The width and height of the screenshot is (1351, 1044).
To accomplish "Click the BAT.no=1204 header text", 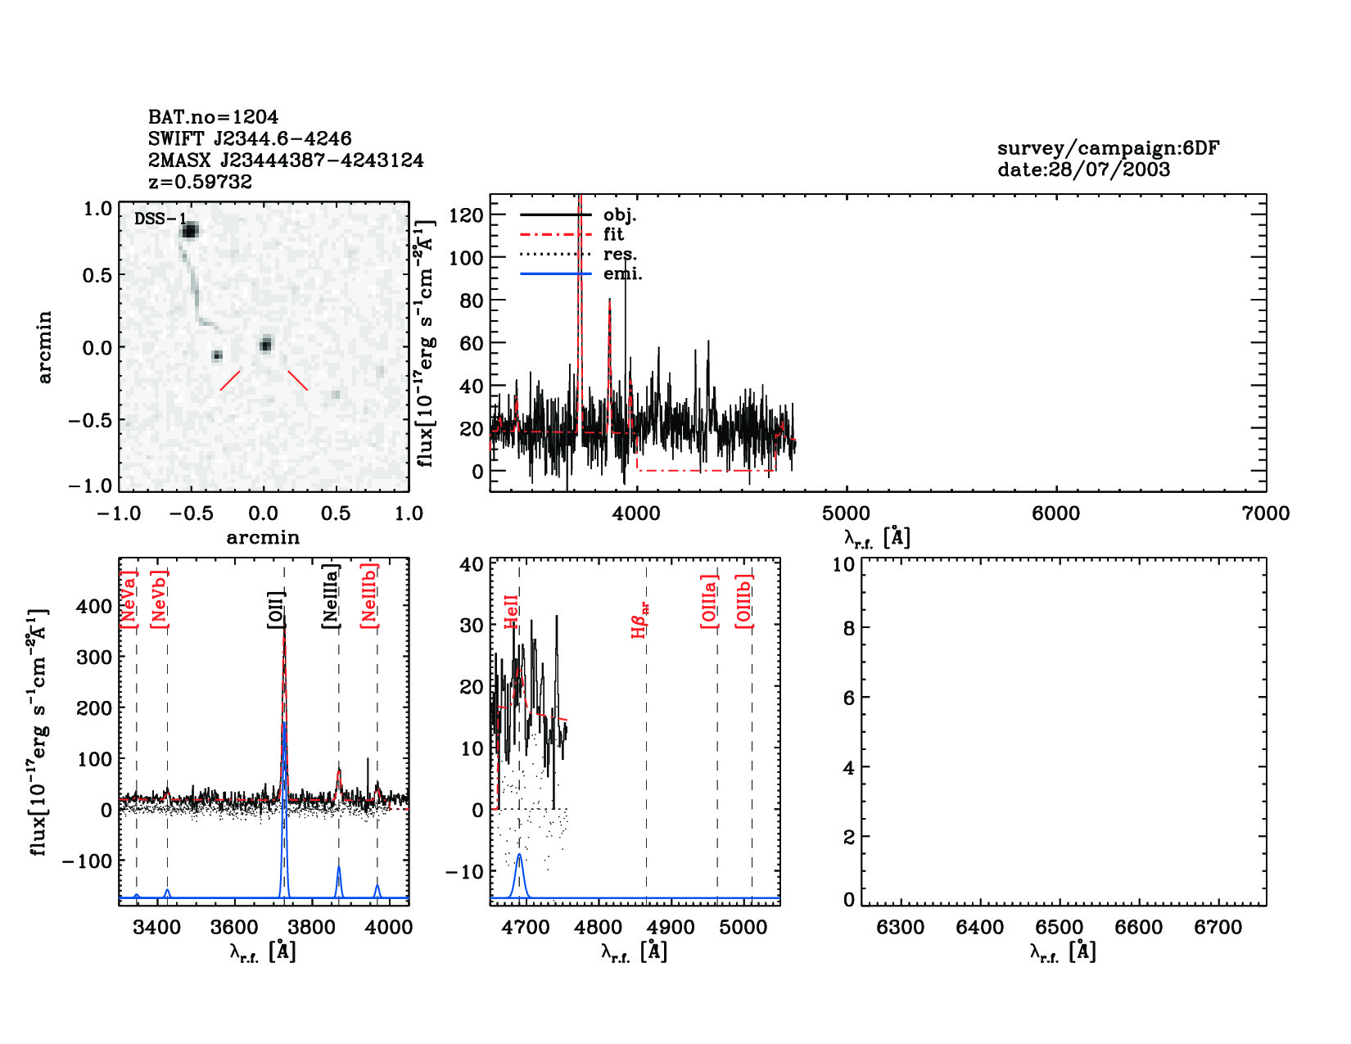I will [x=213, y=117].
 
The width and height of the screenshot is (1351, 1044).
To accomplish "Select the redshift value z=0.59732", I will [x=200, y=182].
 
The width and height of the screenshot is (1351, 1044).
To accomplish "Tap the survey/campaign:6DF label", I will [x=1108, y=148].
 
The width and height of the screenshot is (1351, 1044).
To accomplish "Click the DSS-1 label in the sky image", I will [x=160, y=219].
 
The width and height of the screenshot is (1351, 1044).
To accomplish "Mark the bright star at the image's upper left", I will [x=190, y=231].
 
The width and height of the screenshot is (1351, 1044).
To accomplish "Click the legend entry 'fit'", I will [x=613, y=234].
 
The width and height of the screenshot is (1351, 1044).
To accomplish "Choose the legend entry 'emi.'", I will [x=622, y=273].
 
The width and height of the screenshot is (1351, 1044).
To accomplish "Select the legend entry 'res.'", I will [x=620, y=254].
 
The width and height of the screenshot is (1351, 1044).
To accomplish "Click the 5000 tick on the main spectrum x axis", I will [x=846, y=513].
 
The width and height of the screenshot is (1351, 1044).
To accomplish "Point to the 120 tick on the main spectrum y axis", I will [x=466, y=215].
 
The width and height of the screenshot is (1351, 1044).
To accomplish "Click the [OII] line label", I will [x=276, y=609].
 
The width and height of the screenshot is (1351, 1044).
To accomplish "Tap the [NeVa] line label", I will [x=128, y=599].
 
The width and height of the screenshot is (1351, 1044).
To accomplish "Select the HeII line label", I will [x=511, y=612].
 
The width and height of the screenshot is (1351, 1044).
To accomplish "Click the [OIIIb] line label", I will [x=743, y=601].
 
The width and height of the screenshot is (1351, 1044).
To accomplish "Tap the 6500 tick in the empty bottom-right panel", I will [x=1060, y=927].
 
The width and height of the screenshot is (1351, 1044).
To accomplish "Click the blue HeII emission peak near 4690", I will [x=518, y=856].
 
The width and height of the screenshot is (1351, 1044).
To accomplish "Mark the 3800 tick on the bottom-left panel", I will [x=311, y=927].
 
